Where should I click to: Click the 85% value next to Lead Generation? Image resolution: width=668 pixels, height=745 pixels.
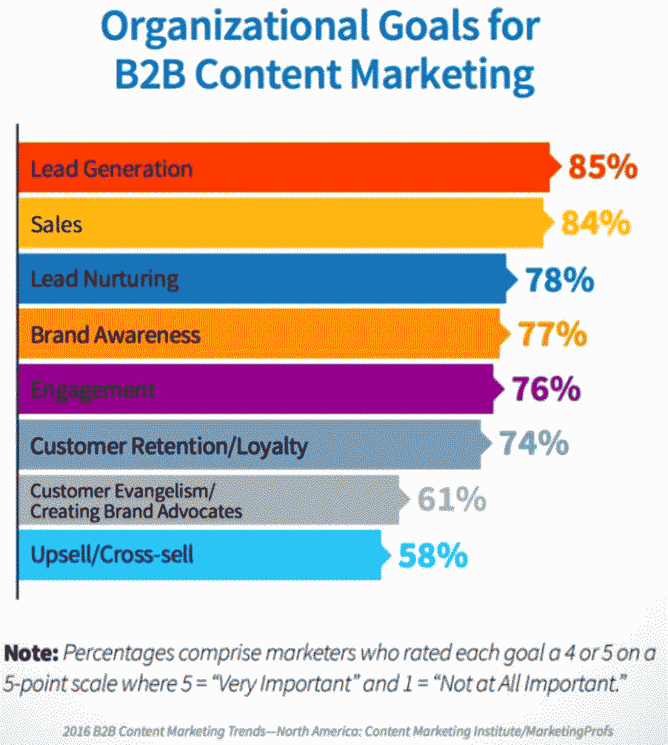tap(603, 168)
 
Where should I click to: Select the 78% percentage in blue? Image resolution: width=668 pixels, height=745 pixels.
tap(559, 280)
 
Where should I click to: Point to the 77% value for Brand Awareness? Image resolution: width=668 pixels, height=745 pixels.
tap(553, 335)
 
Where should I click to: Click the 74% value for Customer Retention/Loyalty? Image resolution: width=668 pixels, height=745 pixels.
tap(533, 444)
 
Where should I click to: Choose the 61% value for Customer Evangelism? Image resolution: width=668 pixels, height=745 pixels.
tap(452, 499)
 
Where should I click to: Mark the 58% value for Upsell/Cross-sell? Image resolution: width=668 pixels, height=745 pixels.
tap(433, 555)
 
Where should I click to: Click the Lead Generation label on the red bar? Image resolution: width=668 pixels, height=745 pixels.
tap(111, 168)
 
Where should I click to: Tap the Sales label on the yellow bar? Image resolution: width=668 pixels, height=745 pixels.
tap(56, 224)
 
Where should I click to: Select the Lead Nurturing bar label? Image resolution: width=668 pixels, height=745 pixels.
tap(104, 279)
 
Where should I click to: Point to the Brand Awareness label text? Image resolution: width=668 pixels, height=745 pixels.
tap(116, 335)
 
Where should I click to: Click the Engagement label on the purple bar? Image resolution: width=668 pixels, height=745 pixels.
tap(93, 390)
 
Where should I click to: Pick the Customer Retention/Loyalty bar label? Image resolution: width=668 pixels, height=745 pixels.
tap(169, 447)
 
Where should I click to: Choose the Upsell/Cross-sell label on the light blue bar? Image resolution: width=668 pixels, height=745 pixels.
tap(112, 555)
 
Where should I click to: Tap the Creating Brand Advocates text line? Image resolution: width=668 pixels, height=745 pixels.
tap(136, 511)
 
